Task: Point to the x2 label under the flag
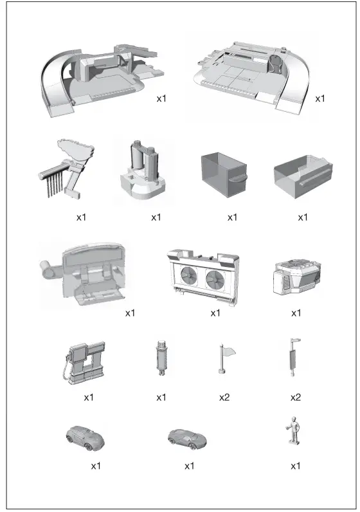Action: pyautogui.click(x=224, y=398)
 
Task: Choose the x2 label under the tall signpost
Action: pyautogui.click(x=295, y=398)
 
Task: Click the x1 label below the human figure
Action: pyautogui.click(x=296, y=466)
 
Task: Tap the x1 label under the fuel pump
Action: pyautogui.click(x=89, y=398)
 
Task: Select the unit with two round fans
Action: pyautogui.click(x=203, y=276)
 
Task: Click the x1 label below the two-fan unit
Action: pyautogui.click(x=215, y=313)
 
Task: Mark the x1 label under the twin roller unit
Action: pyautogui.click(x=156, y=217)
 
